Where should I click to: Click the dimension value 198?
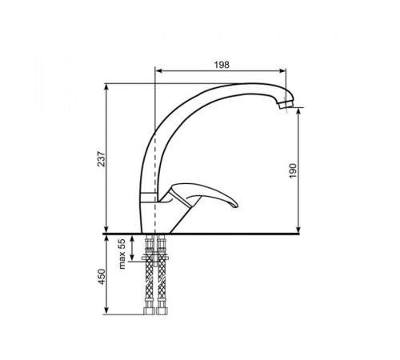[222, 65]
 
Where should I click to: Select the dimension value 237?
[101, 159]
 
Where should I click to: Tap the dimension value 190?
[293, 171]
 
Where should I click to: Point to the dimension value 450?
[102, 277]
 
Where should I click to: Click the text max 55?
[122, 254]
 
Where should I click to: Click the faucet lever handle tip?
[236, 205]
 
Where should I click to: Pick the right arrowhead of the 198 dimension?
[282, 70]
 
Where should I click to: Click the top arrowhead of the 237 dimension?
[106, 87]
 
